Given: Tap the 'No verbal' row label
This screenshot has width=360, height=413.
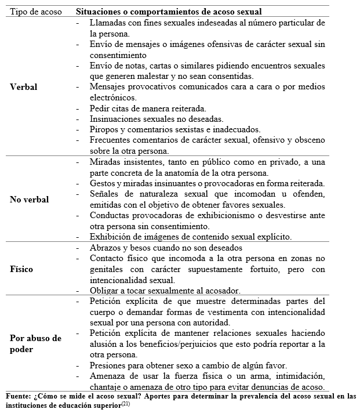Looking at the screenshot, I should [x=30, y=200].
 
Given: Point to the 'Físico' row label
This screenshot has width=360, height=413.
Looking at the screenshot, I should [x=22, y=269].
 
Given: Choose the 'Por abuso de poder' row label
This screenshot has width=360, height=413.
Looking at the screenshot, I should [x=36, y=343].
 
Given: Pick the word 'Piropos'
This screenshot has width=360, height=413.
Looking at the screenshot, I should [x=104, y=129].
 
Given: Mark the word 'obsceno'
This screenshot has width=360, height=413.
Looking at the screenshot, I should [x=310, y=140].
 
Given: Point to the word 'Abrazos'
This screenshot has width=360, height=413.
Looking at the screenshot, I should [x=106, y=248].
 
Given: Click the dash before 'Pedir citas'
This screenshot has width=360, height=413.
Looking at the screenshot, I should [x=78, y=108].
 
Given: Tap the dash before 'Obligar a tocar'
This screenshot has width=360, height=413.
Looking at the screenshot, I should [x=78, y=291].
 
